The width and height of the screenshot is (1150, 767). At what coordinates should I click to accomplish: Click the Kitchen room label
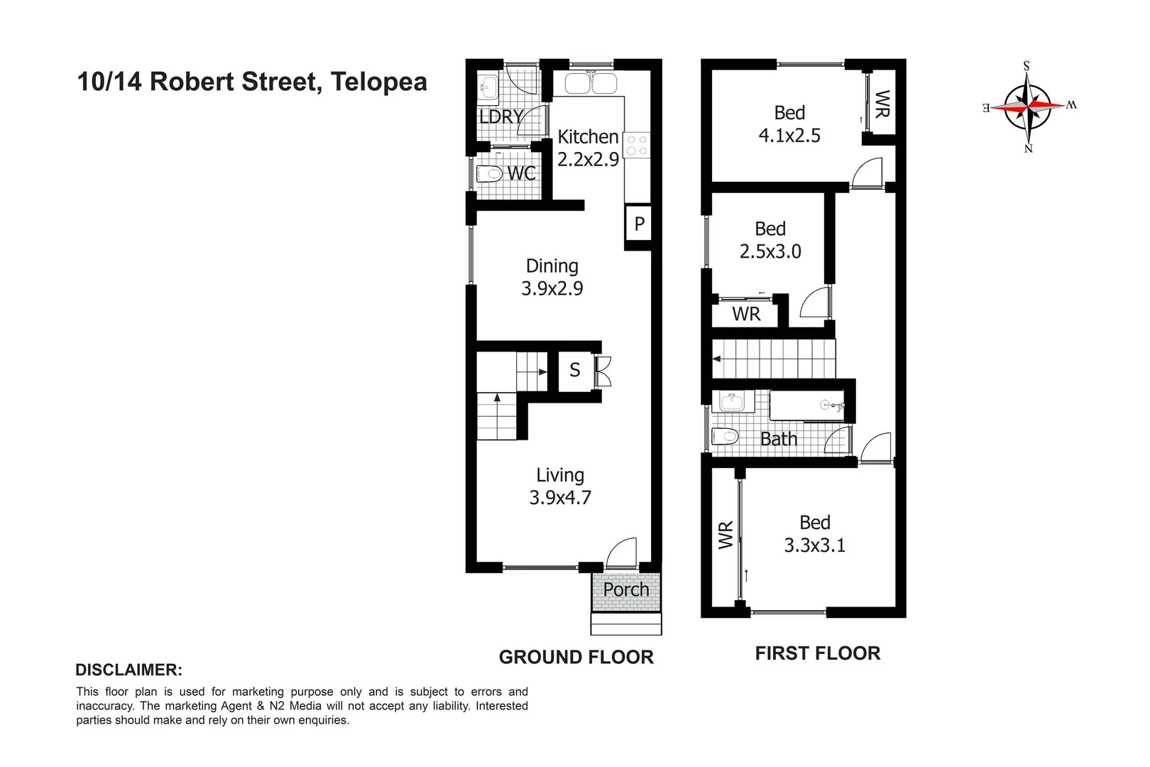click(588, 136)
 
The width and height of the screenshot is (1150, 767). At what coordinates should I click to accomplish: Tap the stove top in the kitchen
click(636, 146)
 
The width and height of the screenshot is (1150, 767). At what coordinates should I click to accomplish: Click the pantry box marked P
click(639, 224)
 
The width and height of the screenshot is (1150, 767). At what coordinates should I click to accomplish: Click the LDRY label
click(500, 117)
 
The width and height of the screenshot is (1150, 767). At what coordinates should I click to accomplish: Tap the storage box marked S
click(575, 370)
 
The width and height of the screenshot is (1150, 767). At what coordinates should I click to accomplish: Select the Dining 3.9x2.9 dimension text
click(552, 289)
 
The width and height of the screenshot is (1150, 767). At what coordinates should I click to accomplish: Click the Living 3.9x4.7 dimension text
click(559, 498)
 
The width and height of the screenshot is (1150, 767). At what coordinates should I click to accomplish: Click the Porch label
click(626, 589)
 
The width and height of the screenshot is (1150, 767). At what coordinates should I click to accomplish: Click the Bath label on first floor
click(779, 440)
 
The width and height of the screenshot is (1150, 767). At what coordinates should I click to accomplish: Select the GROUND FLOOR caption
click(576, 658)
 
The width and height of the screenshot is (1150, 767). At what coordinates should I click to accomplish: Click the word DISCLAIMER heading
click(128, 670)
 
